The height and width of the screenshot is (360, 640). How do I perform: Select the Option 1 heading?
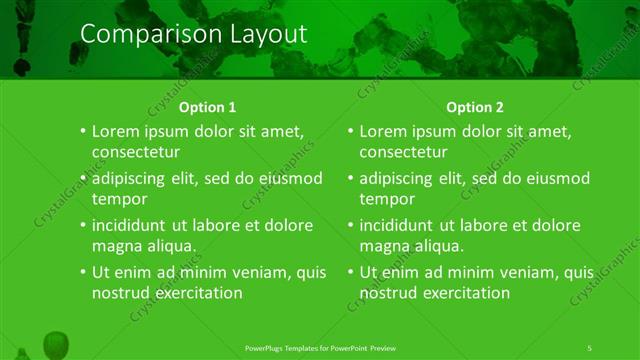207,107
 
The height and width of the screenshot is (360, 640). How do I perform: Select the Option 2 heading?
475,107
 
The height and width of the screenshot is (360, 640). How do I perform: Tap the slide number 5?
590,347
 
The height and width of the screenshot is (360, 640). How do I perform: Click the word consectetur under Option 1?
136,152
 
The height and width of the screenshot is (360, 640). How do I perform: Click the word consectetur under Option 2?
403,152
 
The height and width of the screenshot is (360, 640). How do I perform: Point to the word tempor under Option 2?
387,199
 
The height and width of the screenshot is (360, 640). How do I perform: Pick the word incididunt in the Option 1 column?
134,225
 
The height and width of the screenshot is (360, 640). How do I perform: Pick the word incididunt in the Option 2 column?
401,225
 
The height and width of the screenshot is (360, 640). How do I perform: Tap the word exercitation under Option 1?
195,293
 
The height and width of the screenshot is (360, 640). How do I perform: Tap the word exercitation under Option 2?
462,293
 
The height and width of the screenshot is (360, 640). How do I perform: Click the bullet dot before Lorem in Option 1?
82,132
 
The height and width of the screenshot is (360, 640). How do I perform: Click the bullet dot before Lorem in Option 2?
349,132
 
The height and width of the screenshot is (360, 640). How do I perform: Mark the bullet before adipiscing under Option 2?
349,179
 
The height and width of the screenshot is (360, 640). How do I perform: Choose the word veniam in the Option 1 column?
240,272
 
